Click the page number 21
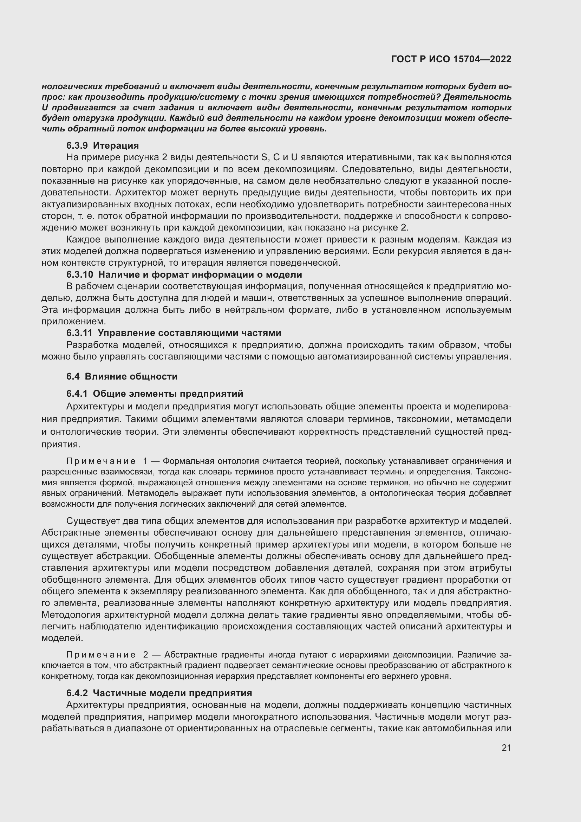(x=506, y=747)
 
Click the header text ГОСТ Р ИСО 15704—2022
(x=451, y=59)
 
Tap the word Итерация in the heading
(x=116, y=146)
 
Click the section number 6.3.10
(x=79, y=274)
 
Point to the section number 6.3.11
(x=79, y=333)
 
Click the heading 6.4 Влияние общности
(x=122, y=376)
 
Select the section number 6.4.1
(x=77, y=394)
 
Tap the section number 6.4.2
(x=77, y=693)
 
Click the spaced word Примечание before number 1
(x=101, y=461)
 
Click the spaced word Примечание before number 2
(x=101, y=655)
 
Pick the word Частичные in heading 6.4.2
(x=118, y=693)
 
